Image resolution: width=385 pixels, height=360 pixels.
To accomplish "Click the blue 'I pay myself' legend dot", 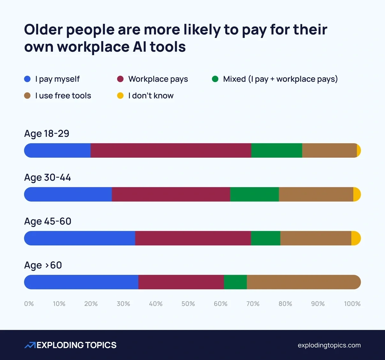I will click(x=27, y=79).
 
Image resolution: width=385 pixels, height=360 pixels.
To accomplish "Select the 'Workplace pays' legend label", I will click(x=158, y=79).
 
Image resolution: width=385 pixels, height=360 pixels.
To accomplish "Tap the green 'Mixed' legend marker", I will click(x=215, y=79).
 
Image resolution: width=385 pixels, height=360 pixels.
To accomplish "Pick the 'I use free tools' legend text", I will click(x=63, y=96).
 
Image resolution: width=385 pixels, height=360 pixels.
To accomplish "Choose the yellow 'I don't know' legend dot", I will click(x=120, y=96).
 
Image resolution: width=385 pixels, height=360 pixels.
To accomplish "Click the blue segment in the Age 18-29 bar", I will click(x=58, y=150).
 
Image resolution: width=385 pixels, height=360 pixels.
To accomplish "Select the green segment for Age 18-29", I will click(x=277, y=150).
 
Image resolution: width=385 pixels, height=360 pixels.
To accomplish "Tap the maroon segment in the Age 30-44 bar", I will click(x=171, y=194).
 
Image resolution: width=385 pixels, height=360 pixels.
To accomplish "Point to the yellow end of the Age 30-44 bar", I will click(x=357, y=194).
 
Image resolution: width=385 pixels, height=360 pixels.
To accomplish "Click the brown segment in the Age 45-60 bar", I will click(x=316, y=238).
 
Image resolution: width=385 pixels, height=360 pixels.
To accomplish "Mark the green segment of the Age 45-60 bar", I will click(x=265, y=238).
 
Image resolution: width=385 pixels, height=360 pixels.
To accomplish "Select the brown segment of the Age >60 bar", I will click(x=303, y=282).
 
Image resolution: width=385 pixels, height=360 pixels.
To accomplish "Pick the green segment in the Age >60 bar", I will click(x=235, y=282).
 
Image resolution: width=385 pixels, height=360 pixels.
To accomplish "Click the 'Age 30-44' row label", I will click(x=47, y=177).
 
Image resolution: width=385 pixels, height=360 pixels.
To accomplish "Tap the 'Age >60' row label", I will click(x=43, y=265).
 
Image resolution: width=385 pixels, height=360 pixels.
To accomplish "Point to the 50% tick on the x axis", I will click(x=188, y=304).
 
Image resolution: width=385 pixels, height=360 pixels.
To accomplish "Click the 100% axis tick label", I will click(x=352, y=304).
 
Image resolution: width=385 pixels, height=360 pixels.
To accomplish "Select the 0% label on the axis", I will click(x=29, y=304).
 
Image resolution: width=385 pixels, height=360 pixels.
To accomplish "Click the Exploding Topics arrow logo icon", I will click(x=30, y=345).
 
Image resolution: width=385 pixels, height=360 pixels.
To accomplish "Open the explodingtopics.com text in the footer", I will click(x=329, y=345).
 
